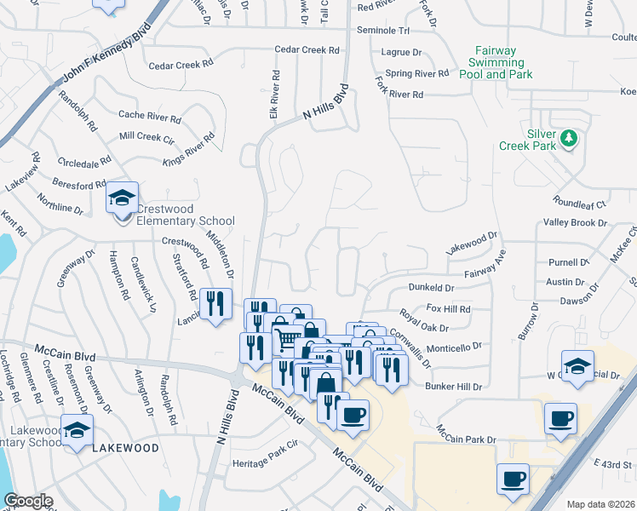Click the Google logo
(28, 501)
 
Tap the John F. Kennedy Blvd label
(106, 55)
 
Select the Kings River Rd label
(188, 148)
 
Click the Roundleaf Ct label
(578, 204)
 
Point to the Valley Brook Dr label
(575, 223)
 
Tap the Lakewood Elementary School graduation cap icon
(77, 428)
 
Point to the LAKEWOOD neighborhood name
(125, 447)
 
